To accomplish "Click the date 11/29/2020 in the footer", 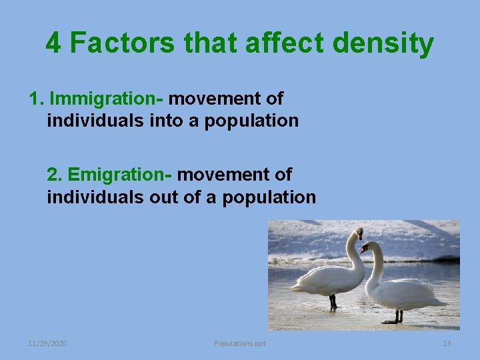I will (47, 343).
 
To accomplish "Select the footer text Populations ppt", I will (240, 343).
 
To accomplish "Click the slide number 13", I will (447, 343).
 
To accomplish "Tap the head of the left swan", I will (359, 233).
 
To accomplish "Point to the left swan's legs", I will (333, 301).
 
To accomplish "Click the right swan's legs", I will (398, 315).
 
